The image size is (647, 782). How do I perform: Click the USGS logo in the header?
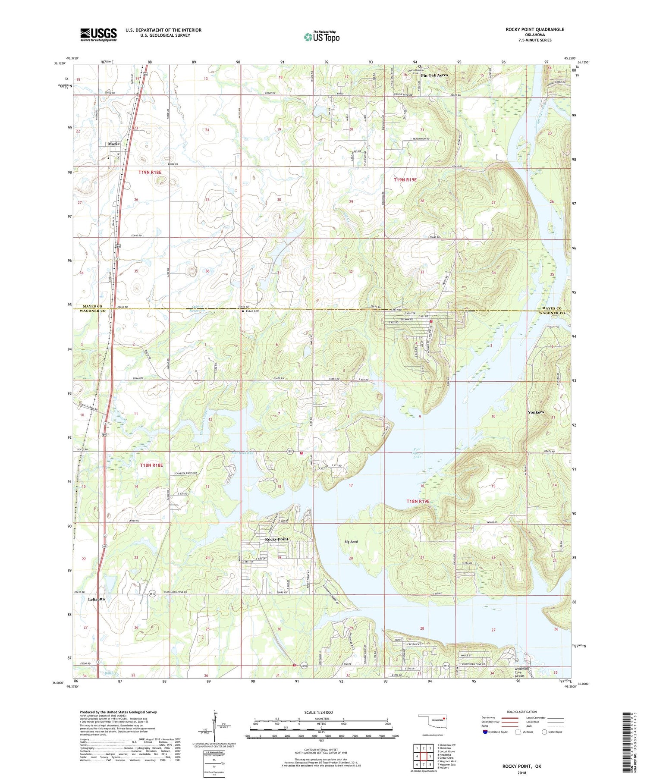[98, 35]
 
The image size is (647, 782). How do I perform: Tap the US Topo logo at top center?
[321, 37]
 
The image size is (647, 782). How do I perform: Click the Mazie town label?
[114, 144]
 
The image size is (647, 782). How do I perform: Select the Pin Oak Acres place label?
[434, 75]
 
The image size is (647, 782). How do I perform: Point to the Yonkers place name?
[536, 412]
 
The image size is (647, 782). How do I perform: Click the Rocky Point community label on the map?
[276, 539]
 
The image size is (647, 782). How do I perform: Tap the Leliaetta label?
[96, 599]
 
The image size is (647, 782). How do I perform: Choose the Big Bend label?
[351, 541]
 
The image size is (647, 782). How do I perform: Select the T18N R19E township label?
[418, 501]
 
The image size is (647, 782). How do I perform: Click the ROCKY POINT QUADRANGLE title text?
[535, 29]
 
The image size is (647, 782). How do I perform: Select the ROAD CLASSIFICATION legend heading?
[521, 712]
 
